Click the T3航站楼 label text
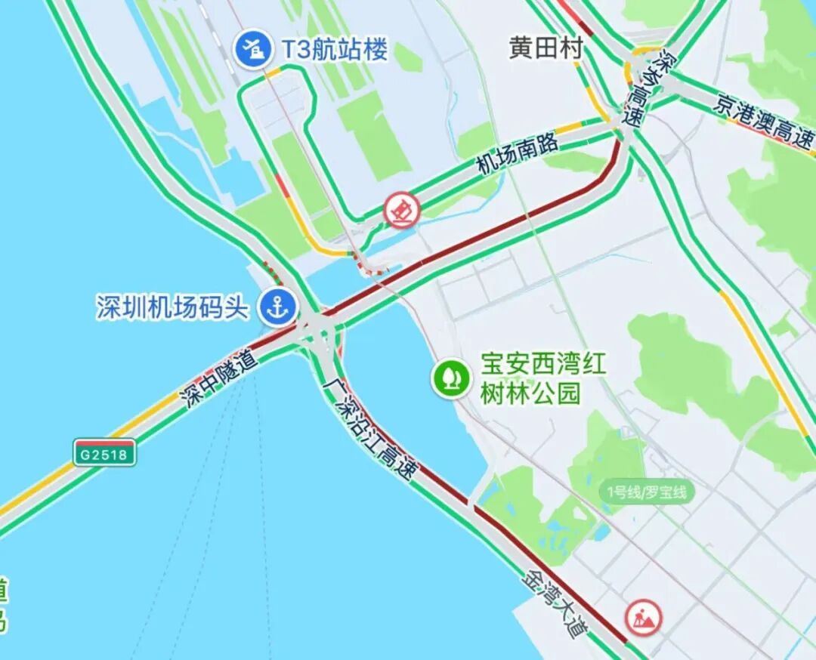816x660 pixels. coord(334,50)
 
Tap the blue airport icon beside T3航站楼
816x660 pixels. coord(252,49)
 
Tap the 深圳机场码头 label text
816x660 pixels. coord(172,307)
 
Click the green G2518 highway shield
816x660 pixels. coord(105,452)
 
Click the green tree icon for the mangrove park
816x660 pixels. coord(451,376)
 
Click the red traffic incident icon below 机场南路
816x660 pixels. coord(401,210)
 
